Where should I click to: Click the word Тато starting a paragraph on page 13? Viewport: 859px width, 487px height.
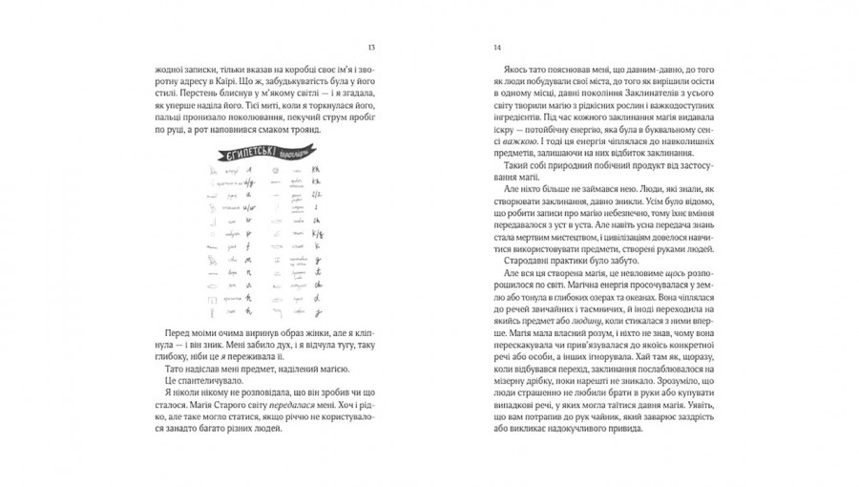click(164, 370)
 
